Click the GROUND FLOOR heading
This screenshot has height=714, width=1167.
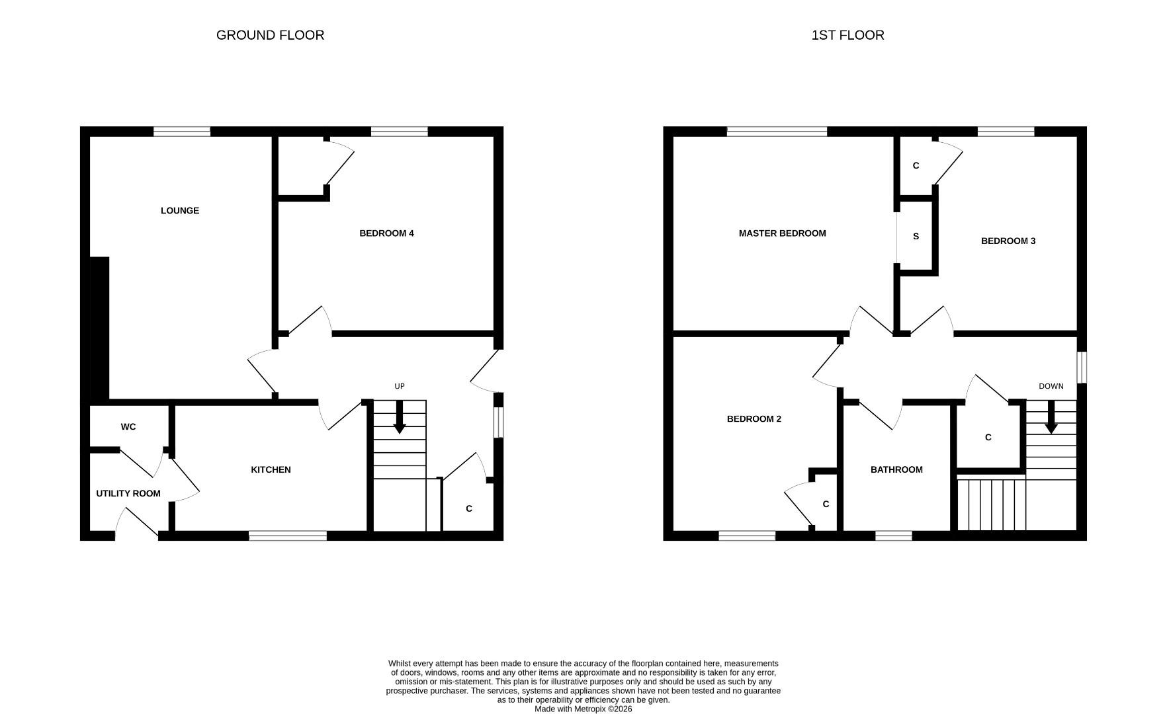tap(270, 35)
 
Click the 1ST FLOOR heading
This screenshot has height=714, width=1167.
tap(847, 35)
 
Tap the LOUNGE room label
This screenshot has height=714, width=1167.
tap(179, 211)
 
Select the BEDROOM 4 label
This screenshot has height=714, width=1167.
tap(386, 233)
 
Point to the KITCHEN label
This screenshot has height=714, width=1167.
tap(271, 470)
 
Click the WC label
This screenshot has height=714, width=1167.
tap(128, 427)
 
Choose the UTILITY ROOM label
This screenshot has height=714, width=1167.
tap(128, 494)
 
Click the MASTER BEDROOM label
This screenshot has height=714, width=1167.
tap(782, 233)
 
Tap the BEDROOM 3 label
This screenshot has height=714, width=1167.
tap(1008, 241)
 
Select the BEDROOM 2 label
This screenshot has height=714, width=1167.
tap(754, 419)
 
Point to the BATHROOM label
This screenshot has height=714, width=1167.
tap(896, 470)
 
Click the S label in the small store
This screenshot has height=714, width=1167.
tap(916, 237)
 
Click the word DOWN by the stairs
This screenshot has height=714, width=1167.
tap(1051, 387)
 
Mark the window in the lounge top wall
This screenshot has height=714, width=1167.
tap(182, 132)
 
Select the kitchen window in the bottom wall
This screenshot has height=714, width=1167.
tap(288, 535)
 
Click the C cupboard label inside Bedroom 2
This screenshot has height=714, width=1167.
tap(826, 504)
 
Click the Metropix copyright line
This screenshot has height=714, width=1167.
tap(583, 709)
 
